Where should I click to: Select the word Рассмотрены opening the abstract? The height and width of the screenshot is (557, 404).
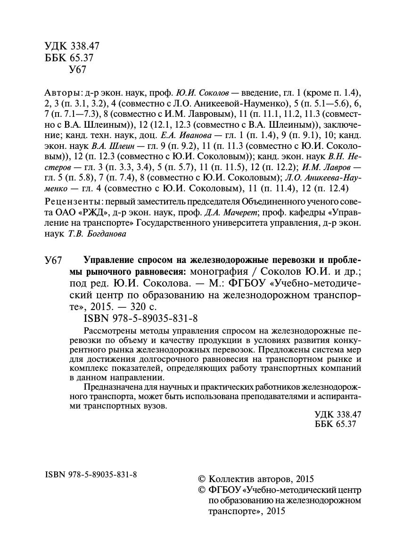(x=106, y=329)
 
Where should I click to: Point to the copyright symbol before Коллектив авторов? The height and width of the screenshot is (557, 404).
(x=202, y=479)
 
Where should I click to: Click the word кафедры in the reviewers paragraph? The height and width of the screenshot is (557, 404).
(x=306, y=212)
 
